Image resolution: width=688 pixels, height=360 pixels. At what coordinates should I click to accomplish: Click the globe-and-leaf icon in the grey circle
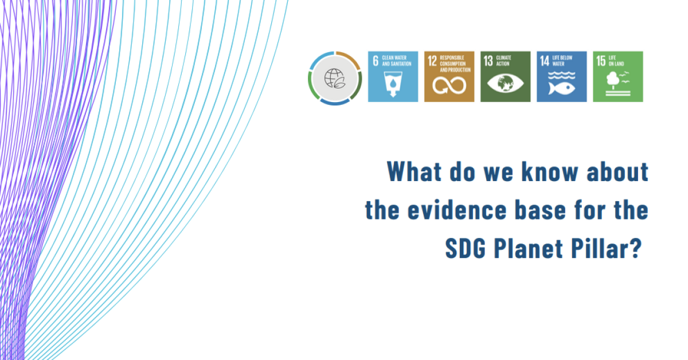click(335, 79)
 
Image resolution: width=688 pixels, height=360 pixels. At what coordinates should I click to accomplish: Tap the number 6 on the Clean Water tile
click(376, 61)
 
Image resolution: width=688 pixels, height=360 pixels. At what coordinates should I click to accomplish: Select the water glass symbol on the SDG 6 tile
click(393, 84)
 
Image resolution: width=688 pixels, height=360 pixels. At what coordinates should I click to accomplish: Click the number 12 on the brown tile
click(432, 61)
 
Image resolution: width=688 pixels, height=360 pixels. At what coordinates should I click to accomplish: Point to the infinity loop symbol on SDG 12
click(449, 85)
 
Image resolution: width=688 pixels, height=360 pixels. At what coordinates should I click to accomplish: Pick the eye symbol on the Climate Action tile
click(506, 83)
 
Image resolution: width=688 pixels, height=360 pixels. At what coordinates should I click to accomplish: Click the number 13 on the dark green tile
click(488, 61)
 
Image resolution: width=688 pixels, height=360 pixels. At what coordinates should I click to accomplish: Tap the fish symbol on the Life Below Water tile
click(562, 88)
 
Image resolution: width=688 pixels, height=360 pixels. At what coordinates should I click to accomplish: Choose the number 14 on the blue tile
click(545, 61)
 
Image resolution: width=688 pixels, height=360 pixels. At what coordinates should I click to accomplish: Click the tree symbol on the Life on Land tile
click(613, 79)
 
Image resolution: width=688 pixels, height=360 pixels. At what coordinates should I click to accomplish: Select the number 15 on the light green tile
click(601, 61)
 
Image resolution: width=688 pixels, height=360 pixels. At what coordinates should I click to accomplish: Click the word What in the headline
click(415, 171)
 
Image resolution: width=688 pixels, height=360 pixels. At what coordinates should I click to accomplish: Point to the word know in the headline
click(550, 171)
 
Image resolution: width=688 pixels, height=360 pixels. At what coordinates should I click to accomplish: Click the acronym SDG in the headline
click(466, 248)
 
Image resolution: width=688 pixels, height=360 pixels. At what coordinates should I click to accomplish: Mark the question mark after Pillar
click(636, 248)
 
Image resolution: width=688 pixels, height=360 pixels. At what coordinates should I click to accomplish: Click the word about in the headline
click(617, 171)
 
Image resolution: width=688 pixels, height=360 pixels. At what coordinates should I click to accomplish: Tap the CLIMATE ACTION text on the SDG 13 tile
click(504, 61)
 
